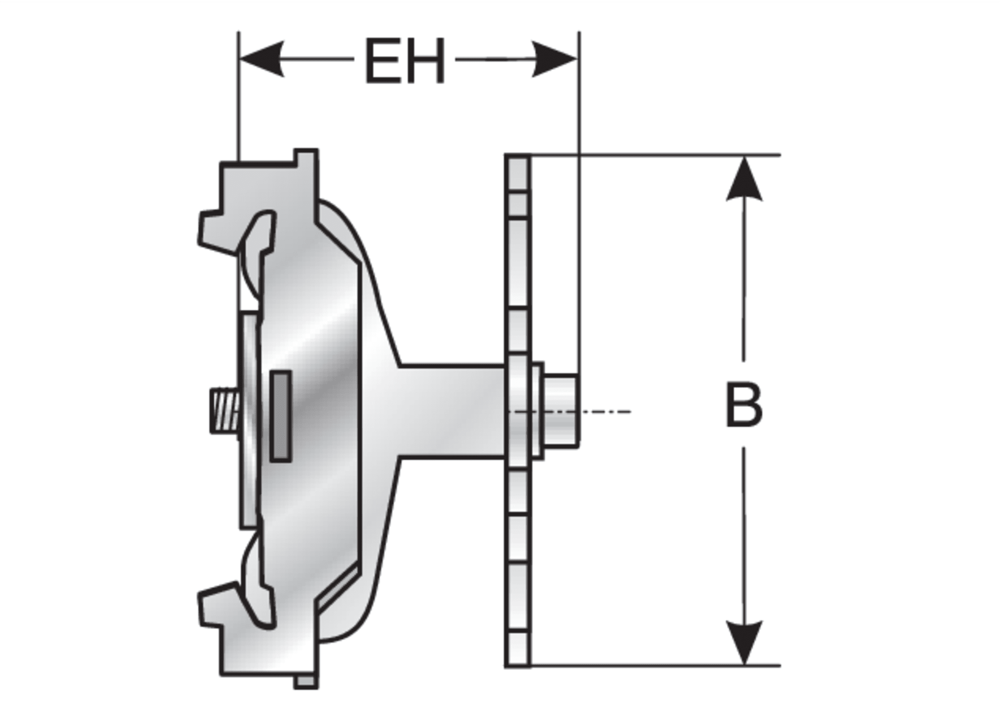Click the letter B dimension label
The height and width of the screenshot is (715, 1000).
743,406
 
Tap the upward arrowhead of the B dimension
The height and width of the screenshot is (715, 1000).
744,179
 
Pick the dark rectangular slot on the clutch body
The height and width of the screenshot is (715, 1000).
280,416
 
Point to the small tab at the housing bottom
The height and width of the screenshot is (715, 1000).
306,693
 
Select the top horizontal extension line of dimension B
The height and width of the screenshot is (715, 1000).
656,155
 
